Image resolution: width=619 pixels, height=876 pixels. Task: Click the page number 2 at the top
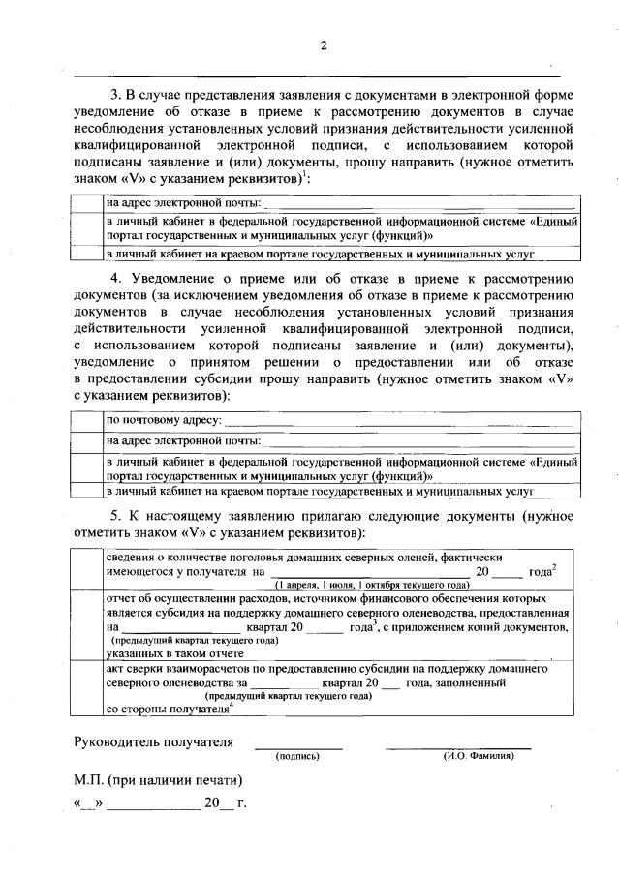325,45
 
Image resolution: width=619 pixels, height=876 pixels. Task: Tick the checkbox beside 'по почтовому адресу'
88,421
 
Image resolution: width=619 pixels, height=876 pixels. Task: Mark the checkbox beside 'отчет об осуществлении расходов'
88,626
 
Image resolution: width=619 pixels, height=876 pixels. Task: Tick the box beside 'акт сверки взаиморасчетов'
88,689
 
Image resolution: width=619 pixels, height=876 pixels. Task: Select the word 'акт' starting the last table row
115,669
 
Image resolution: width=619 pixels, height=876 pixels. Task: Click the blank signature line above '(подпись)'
297,746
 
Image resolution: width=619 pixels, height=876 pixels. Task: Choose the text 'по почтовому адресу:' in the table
164,421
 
